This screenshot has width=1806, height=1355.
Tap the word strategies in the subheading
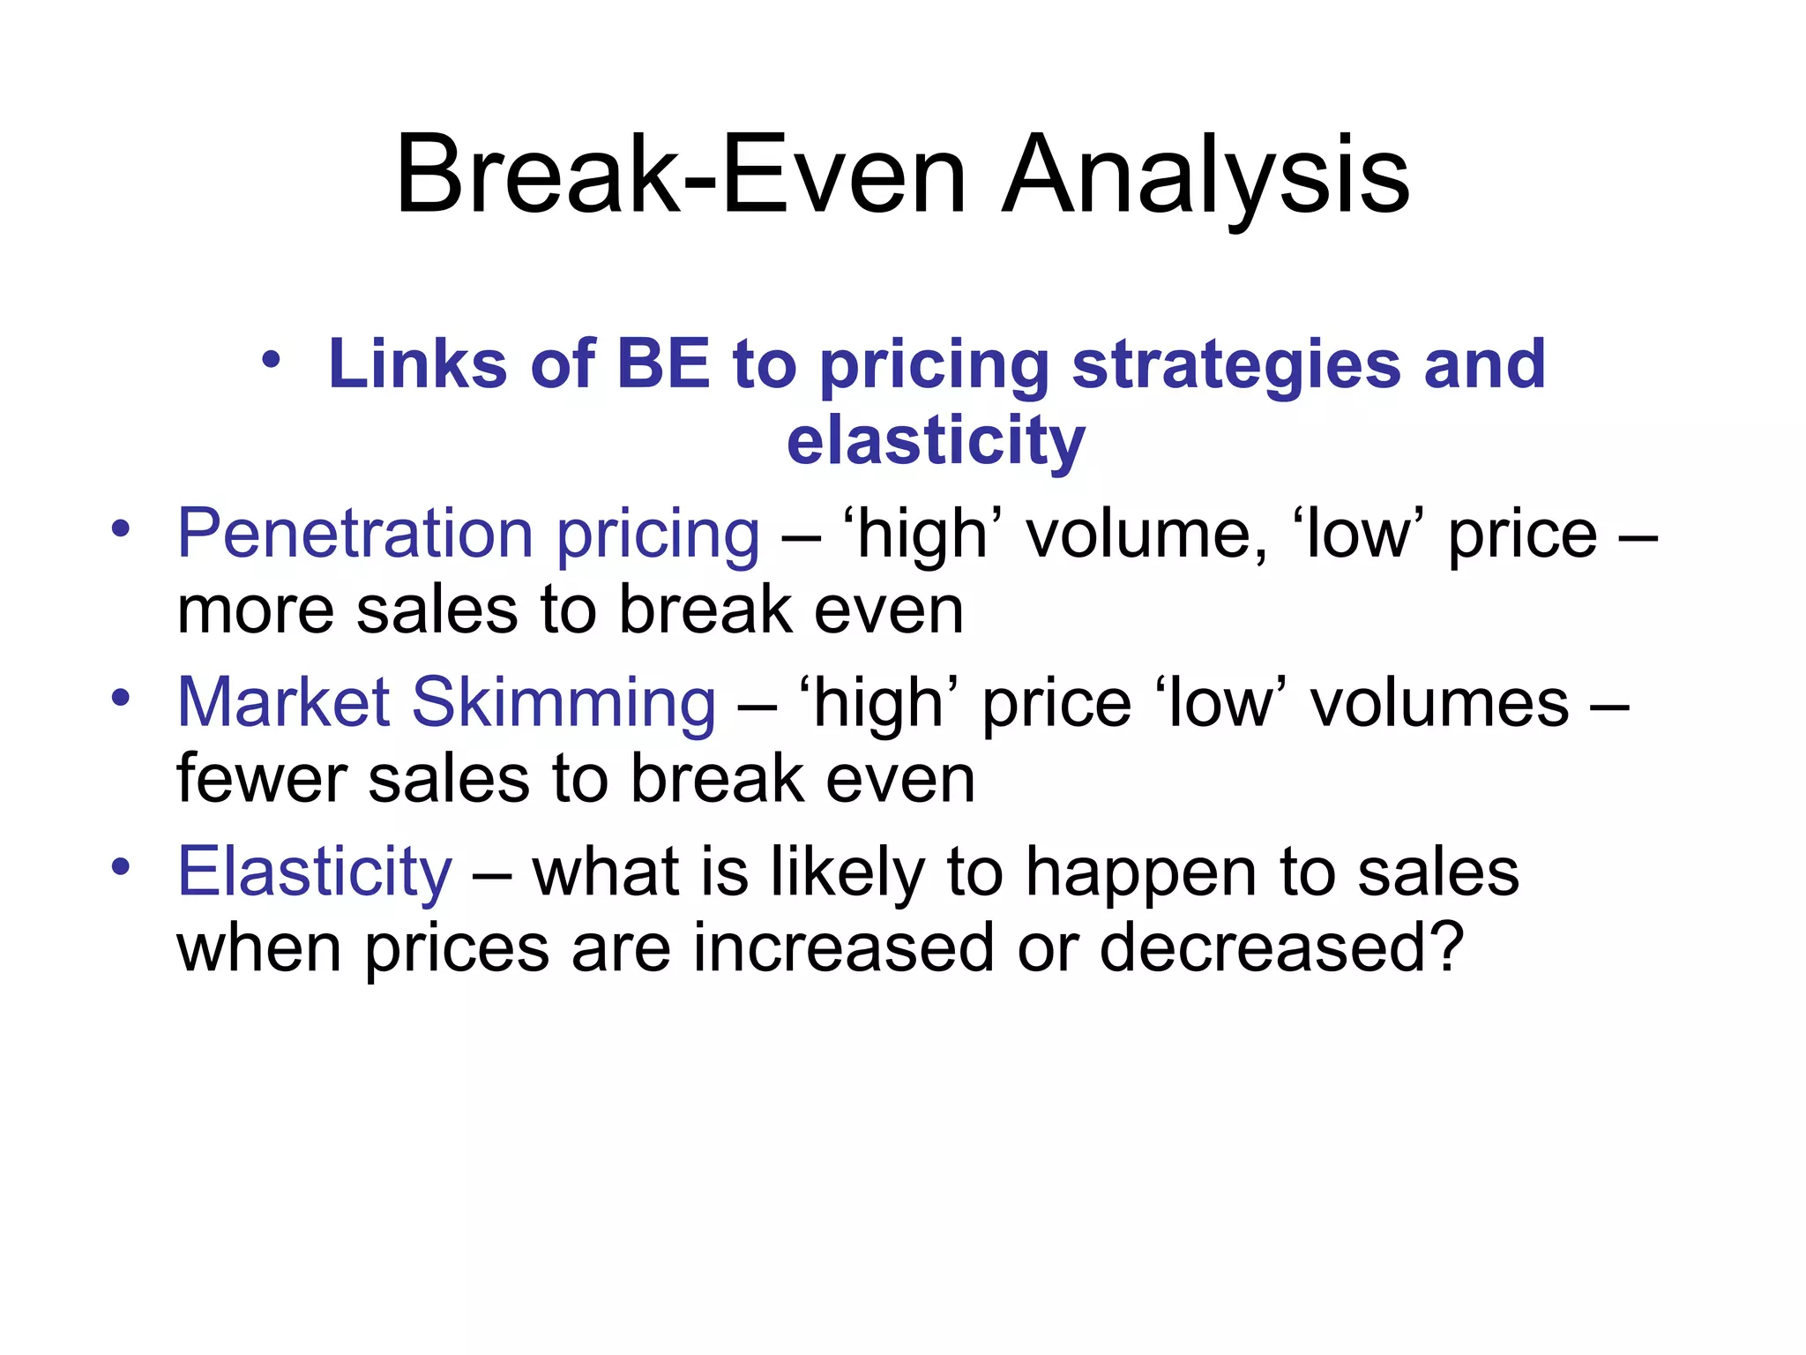(x=1235, y=365)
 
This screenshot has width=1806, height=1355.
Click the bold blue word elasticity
(x=935, y=441)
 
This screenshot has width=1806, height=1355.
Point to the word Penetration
(x=355, y=534)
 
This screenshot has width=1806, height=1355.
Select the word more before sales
(x=255, y=610)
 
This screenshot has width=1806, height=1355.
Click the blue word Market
(x=283, y=702)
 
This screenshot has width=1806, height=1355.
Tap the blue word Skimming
(x=564, y=704)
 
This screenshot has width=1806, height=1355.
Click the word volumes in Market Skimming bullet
(x=1439, y=704)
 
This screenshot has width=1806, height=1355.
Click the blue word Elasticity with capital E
(x=315, y=872)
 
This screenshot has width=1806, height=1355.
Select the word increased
(x=842, y=948)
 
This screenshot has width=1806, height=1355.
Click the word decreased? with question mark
(x=1281, y=948)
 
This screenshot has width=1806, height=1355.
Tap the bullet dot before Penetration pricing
(x=121, y=529)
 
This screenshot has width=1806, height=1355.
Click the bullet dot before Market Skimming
(x=121, y=698)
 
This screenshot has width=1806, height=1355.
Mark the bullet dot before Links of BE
(x=271, y=360)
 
